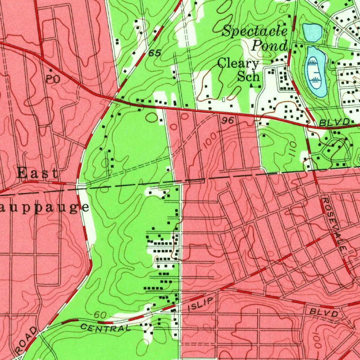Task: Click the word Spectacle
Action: click(255, 32)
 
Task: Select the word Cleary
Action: click(238, 64)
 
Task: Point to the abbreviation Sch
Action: click(248, 76)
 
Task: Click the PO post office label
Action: click(53, 79)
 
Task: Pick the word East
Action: click(37, 173)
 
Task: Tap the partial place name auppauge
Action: click(44, 207)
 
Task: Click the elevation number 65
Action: click(154, 53)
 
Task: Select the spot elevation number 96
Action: click(228, 121)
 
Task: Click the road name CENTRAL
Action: click(105, 328)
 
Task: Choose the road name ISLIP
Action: click(201, 304)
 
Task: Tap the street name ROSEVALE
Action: click(335, 224)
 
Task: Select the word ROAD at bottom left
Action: click(27, 336)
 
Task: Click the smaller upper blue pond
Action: click(312, 32)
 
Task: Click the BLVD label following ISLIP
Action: click(324, 313)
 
